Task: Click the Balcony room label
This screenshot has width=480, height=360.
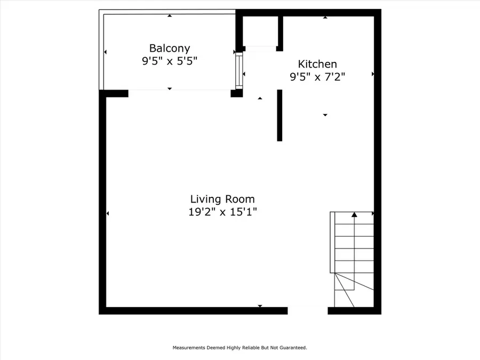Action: point(170,49)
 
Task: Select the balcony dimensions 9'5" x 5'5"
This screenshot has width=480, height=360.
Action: point(170,61)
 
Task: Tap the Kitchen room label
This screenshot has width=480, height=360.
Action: point(317,64)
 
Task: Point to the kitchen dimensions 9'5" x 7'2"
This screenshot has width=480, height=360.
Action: point(317,77)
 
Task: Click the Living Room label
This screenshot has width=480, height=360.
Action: point(222,199)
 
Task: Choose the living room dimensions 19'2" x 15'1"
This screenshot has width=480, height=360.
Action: point(222,212)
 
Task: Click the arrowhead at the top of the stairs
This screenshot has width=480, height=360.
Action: point(354,214)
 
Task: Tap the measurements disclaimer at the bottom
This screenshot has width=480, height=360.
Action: point(239,348)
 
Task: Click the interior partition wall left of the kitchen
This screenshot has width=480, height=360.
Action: point(279,115)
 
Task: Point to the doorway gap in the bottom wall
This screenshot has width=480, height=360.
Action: point(308,310)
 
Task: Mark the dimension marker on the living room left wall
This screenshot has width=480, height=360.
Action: point(108,213)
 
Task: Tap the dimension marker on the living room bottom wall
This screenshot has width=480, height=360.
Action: point(260,306)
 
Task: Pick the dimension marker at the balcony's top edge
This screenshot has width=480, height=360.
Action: point(170,15)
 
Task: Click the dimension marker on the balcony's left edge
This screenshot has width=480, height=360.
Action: point(105,52)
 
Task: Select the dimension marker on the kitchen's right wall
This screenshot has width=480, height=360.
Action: point(373,74)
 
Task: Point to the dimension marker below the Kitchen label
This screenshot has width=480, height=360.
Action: point(325,115)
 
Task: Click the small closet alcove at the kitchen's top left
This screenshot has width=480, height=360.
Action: point(260,32)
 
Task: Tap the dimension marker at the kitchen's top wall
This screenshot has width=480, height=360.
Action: point(325,17)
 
